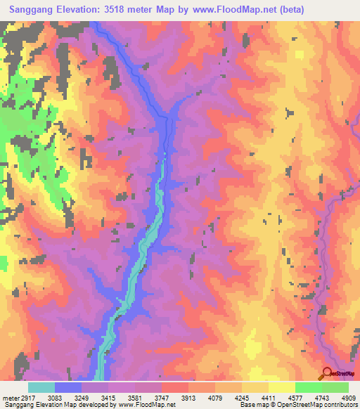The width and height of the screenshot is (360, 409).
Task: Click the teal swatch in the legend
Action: pos(41,387)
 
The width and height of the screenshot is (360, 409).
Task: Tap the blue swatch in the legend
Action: pos(68,387)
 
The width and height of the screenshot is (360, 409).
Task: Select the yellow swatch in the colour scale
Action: pos(281,387)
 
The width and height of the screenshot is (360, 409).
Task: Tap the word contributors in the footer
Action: pos(338,405)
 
